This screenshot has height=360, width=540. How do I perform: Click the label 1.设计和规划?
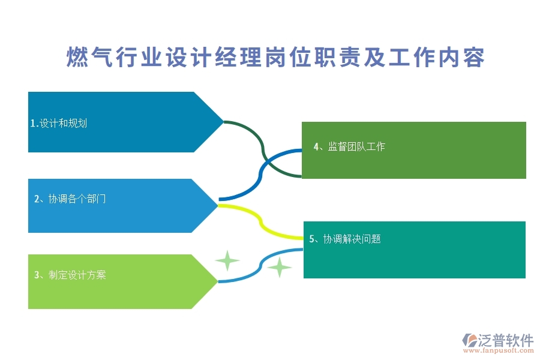[59, 124]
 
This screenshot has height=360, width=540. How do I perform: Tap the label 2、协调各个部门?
[70, 199]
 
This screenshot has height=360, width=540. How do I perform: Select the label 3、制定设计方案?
[70, 275]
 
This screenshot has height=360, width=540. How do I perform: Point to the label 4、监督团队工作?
[349, 146]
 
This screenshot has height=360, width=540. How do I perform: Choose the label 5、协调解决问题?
[345, 239]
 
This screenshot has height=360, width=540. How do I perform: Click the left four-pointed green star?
[227, 261]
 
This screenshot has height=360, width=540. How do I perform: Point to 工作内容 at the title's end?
[436, 58]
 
